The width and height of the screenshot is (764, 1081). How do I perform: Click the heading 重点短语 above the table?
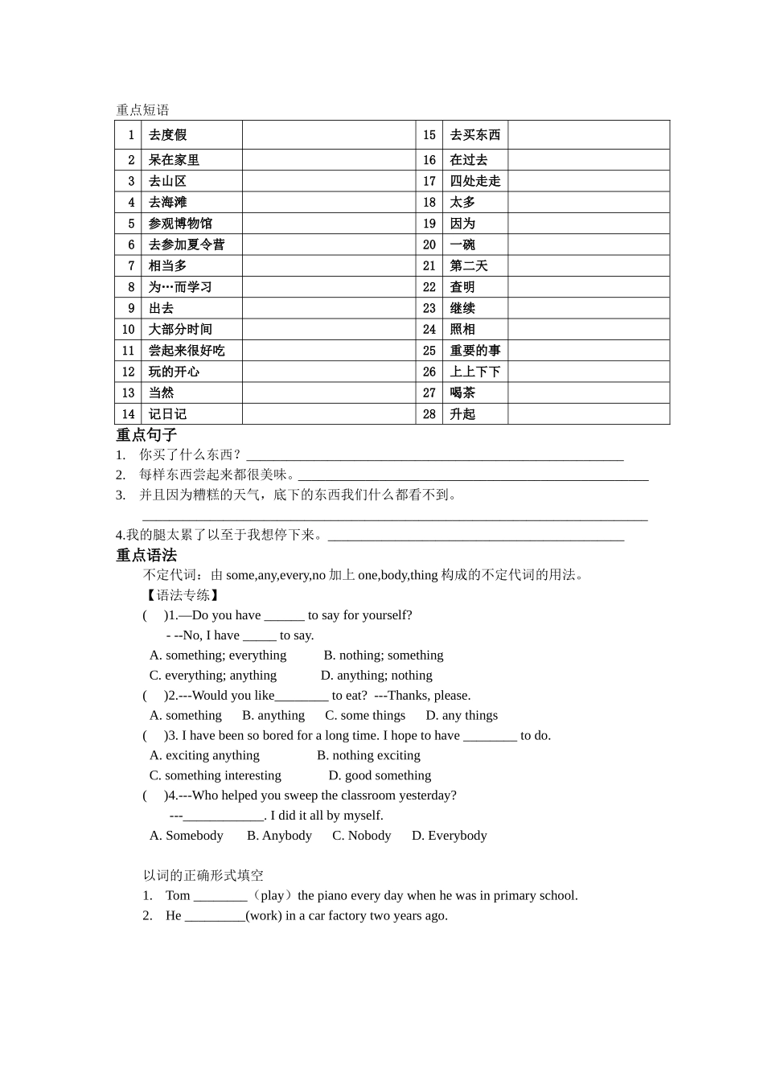[142, 110]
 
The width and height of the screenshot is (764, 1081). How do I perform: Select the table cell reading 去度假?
[167, 135]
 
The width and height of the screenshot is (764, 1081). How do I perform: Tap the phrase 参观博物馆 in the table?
[180, 224]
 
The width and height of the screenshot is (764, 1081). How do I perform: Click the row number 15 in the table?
[429, 135]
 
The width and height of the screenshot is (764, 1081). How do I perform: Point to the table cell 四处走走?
[474, 182]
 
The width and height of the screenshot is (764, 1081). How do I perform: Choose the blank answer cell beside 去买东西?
[588, 135]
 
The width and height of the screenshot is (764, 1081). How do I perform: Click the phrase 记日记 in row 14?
[167, 414]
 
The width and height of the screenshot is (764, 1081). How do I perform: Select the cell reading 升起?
[462, 414]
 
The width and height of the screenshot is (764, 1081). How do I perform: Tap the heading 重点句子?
[146, 435]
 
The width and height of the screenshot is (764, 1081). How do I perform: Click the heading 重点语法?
[146, 555]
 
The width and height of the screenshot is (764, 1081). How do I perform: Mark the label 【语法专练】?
[182, 595]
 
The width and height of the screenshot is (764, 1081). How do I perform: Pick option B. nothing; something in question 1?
[384, 656]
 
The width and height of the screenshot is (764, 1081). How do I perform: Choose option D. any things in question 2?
[462, 715]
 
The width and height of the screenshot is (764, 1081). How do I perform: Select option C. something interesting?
[216, 775]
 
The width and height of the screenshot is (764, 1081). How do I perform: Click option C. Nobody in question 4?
[362, 836]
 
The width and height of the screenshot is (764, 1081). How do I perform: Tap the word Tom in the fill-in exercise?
[178, 895]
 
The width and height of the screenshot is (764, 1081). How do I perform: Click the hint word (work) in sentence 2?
[264, 915]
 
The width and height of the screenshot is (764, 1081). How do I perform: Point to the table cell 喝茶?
[462, 393]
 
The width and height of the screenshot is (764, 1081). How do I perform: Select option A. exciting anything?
[204, 755]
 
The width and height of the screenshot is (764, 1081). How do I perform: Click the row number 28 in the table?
[429, 414]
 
